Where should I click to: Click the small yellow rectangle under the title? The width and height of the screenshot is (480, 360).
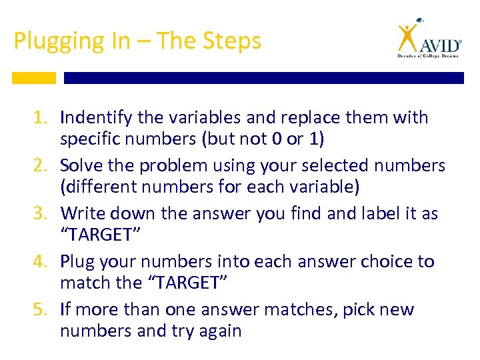point(34,78)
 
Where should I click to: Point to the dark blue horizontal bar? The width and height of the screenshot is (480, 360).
point(263,78)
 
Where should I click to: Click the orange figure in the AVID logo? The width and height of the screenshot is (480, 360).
point(407,38)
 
